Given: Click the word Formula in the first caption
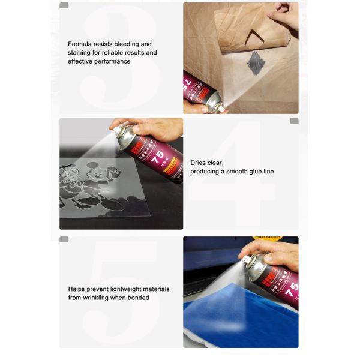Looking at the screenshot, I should point(80,44).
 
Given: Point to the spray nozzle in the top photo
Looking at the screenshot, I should point(220,107).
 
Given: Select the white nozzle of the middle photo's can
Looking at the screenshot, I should point(115,128).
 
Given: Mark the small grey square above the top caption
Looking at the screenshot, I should point(64,5).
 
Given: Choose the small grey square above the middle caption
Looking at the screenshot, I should point(294,121).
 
